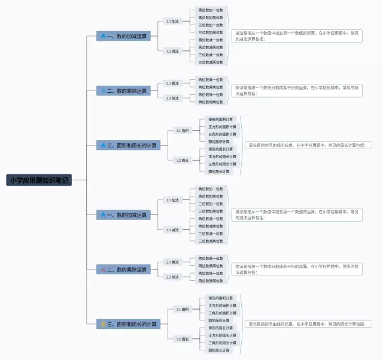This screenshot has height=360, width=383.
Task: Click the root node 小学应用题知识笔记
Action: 39,180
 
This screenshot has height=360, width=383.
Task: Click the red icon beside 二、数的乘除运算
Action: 103,270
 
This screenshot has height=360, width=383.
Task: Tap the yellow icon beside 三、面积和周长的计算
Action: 103,324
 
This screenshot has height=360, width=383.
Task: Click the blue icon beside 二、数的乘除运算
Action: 103,90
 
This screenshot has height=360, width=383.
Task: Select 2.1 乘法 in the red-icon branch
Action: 172,262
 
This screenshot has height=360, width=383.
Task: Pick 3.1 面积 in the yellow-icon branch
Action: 182,309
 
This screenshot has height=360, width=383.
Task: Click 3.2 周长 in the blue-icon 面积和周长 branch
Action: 182,160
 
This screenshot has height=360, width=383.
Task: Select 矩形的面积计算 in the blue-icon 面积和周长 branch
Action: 222,119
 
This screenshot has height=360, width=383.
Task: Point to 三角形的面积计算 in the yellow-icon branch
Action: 222,313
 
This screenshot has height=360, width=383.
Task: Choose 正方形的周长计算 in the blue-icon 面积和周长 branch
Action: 222,156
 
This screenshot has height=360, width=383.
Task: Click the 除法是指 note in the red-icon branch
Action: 297,269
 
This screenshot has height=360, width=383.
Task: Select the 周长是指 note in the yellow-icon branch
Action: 309,324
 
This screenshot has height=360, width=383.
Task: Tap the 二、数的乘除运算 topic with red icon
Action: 124,270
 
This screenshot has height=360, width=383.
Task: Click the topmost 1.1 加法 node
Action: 172,21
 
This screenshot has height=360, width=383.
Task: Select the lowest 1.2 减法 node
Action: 172,229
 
